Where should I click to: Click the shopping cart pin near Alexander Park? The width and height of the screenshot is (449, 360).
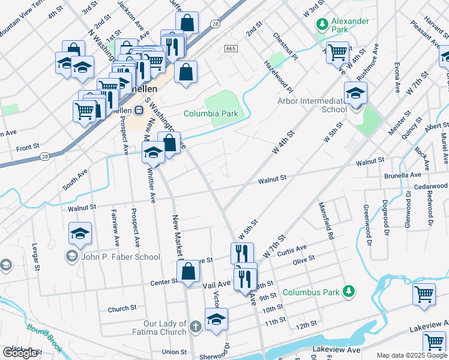(x=337, y=52)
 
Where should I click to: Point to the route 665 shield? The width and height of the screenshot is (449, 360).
(x=231, y=48)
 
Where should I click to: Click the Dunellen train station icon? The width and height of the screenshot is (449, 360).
(x=139, y=110)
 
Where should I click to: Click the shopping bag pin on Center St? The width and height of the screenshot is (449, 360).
(x=188, y=270)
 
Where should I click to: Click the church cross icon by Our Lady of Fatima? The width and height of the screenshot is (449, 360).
(x=194, y=327)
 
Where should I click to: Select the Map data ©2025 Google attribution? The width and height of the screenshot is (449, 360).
(x=411, y=355)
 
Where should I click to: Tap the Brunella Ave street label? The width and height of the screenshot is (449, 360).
(x=403, y=175)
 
